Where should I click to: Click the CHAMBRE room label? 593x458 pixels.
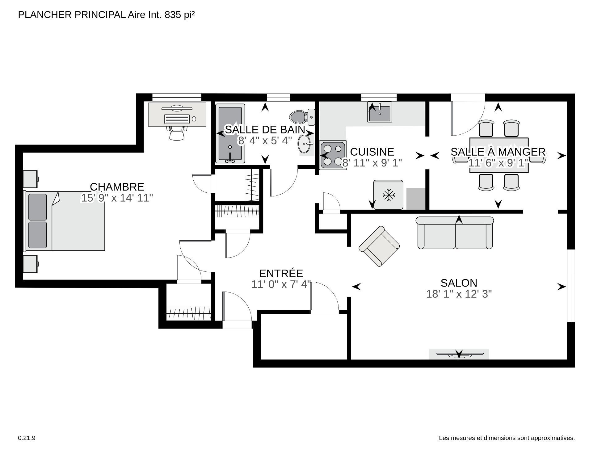point(117,187)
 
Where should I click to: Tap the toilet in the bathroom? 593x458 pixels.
point(302,117)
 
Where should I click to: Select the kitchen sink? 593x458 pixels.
point(380,112)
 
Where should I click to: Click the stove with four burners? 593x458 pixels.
point(333,154)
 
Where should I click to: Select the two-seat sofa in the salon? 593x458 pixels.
point(455,233)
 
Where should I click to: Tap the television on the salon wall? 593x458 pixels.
point(459,354)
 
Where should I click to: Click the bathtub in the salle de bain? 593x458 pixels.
point(230,134)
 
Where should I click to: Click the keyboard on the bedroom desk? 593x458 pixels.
point(177,119)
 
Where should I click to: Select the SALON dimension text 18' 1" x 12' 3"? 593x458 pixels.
point(459,294)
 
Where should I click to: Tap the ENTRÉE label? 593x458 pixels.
point(281,273)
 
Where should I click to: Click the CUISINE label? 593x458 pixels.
point(372,152)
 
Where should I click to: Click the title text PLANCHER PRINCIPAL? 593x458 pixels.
point(72,15)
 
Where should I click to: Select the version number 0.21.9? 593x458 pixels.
point(27,438)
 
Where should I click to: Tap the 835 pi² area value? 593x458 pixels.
point(180,15)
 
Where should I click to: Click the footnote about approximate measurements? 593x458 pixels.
point(507,438)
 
